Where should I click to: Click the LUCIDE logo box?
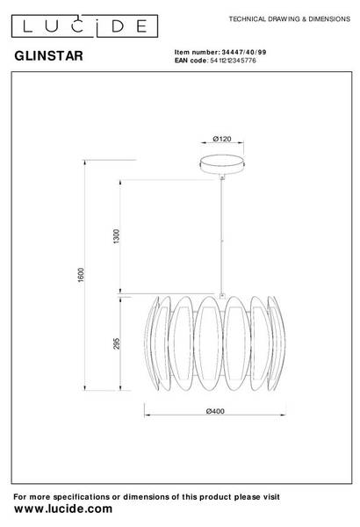pyautogui.click(x=84, y=25)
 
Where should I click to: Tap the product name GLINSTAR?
pyautogui.click(x=49, y=56)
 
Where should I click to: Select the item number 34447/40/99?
pyautogui.click(x=244, y=52)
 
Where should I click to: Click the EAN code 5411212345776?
pyautogui.click(x=233, y=61)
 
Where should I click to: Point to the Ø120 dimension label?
pyautogui.click(x=222, y=139)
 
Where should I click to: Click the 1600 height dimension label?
pyautogui.click(x=81, y=275)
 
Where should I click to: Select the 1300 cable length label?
pyautogui.click(x=116, y=236)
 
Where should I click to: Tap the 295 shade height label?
pyautogui.click(x=116, y=343)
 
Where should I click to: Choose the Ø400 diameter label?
pyautogui.click(x=215, y=411)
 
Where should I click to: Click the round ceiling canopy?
pyautogui.click(x=222, y=164)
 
